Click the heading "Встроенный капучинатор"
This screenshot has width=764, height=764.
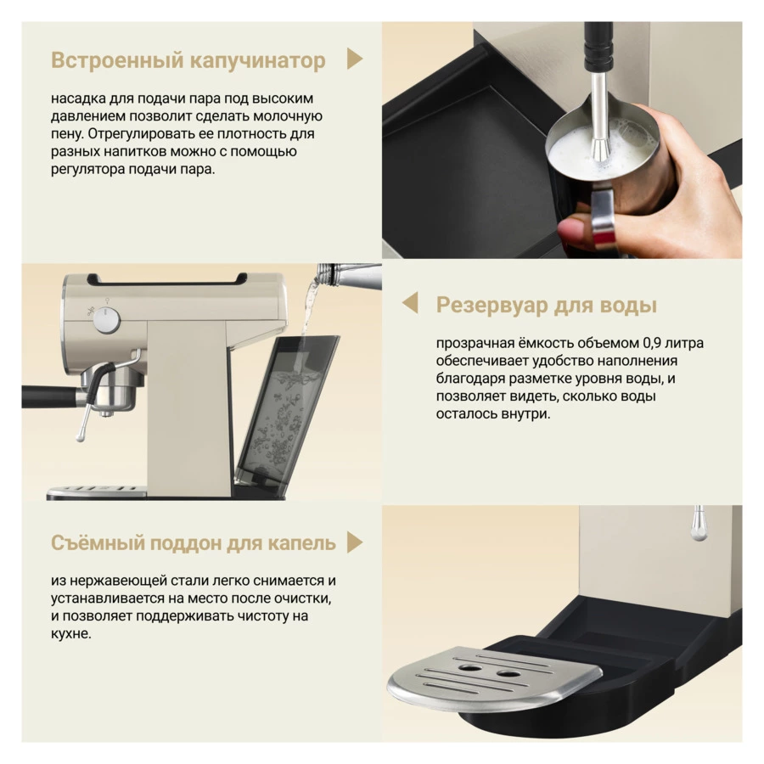point(188,61)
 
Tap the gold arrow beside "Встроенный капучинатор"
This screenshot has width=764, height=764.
point(355,59)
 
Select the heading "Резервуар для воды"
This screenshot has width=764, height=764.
point(546,305)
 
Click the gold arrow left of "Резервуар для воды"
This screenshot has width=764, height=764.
point(410,302)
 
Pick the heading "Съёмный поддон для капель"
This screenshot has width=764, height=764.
point(194,542)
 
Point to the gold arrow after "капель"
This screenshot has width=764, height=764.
point(355,542)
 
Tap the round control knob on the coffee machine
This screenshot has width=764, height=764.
point(106,321)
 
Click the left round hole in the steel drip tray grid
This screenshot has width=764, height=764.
point(470,667)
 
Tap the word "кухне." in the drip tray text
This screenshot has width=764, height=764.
point(71,634)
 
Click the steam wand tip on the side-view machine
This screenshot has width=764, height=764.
point(81,435)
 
